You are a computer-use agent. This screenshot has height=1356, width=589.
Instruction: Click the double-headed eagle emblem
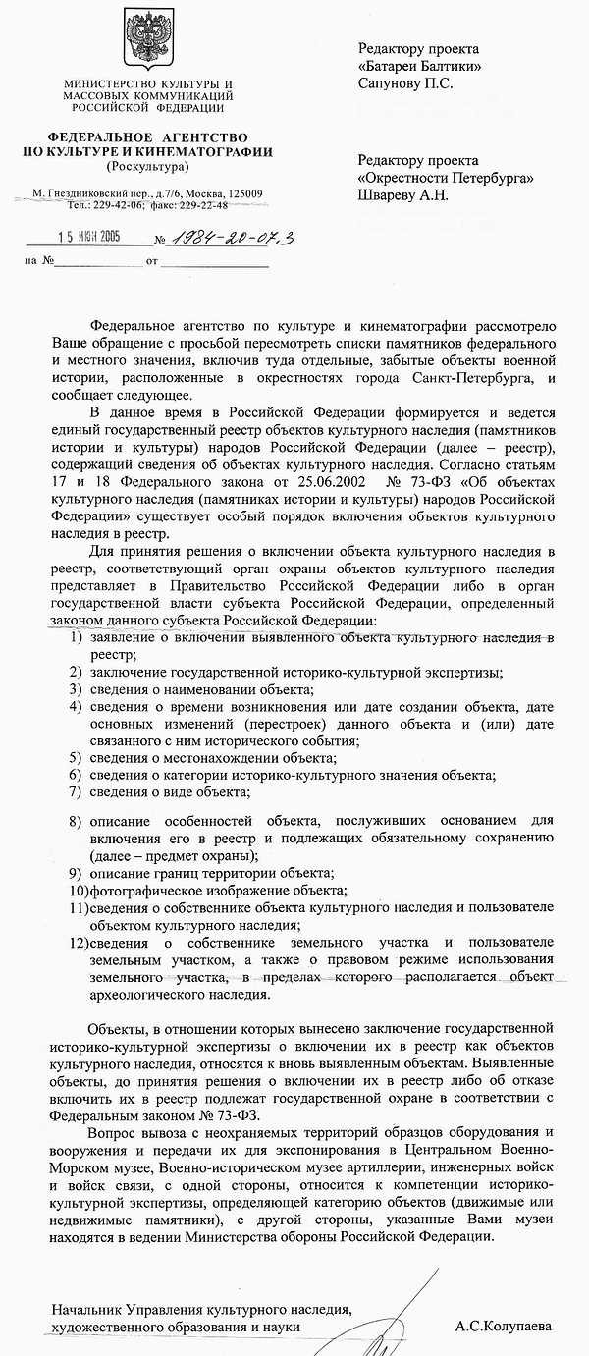click(147, 44)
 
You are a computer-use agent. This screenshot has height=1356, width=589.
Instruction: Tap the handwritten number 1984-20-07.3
click(224, 237)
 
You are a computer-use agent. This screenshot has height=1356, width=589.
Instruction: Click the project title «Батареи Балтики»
click(419, 66)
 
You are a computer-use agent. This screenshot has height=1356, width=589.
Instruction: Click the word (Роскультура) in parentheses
click(147, 167)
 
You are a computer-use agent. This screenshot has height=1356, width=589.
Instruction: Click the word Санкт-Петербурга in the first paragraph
click(467, 378)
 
